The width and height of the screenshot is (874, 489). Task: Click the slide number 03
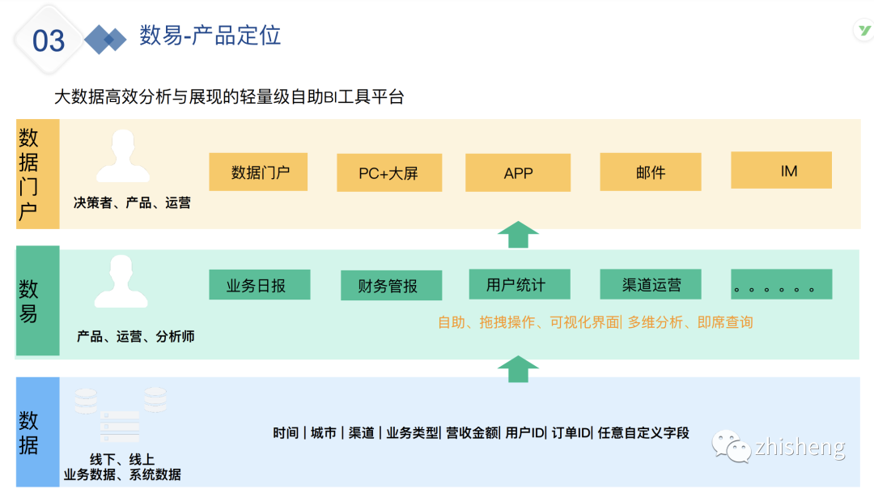(49, 40)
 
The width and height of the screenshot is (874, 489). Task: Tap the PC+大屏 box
(388, 173)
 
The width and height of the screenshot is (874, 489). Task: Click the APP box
(518, 173)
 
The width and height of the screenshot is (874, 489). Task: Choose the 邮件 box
(650, 172)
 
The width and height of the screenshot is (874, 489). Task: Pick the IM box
(781, 171)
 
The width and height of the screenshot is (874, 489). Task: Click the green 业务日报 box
(259, 285)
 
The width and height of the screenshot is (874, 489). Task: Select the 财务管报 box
(391, 286)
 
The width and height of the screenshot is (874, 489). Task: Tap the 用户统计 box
(519, 284)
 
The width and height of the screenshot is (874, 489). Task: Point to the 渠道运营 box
(651, 284)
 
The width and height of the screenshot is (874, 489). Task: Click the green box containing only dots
(781, 285)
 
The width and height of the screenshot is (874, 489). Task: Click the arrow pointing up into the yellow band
(518, 235)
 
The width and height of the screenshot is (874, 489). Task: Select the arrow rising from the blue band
(518, 368)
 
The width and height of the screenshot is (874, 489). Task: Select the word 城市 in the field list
(323, 433)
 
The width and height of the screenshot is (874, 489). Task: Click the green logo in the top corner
(863, 32)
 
